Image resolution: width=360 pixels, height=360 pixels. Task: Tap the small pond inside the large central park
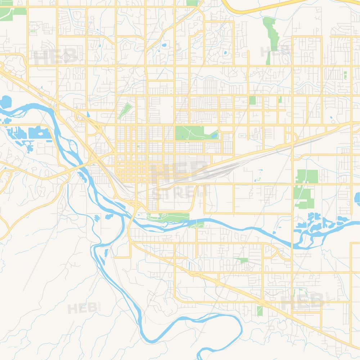click(215, 136)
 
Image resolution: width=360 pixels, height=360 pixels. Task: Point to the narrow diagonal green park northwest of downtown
click(125, 111)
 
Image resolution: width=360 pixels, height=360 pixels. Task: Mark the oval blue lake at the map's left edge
click(5, 102)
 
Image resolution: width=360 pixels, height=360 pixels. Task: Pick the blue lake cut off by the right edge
click(357, 198)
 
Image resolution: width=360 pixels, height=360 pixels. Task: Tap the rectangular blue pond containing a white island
click(40, 133)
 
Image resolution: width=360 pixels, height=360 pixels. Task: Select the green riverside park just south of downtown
click(169, 217)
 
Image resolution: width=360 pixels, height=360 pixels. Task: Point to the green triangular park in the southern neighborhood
click(242, 260)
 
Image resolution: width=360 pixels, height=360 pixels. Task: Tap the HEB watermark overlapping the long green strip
click(275, 51)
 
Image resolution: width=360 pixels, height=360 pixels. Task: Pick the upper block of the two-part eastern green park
click(307, 176)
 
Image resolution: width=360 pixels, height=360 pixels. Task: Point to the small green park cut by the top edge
click(192, 3)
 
